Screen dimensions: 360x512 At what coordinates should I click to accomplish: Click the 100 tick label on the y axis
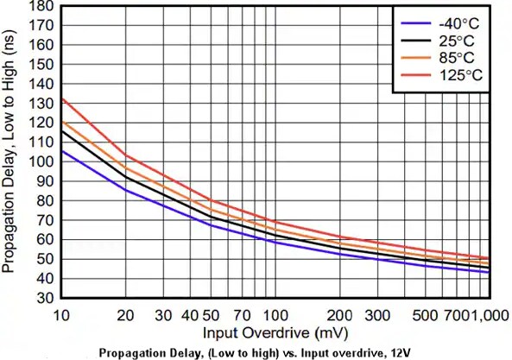[41, 161]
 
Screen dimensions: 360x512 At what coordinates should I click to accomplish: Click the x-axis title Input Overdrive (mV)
[265, 333]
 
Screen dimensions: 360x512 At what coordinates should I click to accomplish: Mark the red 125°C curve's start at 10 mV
[60, 98]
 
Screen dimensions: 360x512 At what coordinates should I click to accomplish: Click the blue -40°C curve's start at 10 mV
[60, 151]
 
